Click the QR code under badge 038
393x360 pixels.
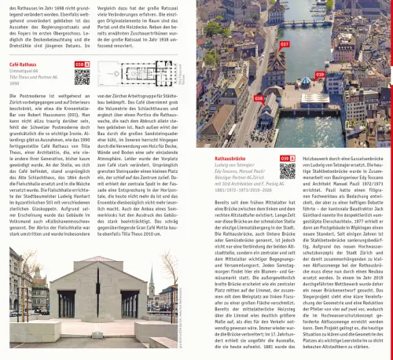click(83, 76)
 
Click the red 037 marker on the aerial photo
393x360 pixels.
click(285, 45)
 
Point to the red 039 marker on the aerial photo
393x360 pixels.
click(320, 75)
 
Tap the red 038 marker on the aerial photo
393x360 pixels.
click(259, 98)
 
